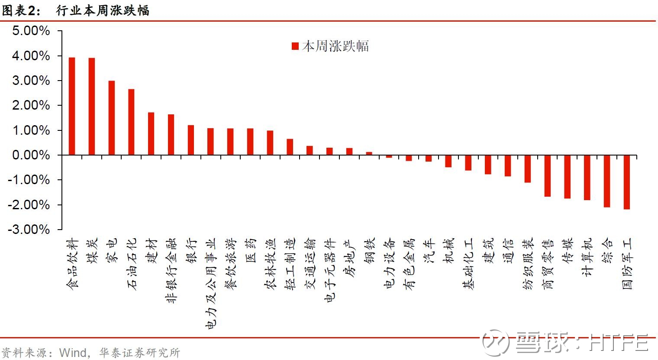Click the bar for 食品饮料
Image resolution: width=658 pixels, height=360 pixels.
[72, 106]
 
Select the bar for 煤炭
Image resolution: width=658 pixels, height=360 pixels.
[92, 107]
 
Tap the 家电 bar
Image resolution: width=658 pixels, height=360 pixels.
[112, 118]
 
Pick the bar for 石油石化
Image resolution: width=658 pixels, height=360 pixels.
[131, 122]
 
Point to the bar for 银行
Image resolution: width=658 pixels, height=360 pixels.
[191, 140]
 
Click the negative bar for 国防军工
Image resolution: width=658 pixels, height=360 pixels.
[627, 182]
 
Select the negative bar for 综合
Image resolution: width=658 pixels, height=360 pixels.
[607, 181]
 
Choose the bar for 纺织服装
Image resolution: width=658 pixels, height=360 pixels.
[528, 169]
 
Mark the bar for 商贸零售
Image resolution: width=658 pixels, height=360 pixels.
[548, 175]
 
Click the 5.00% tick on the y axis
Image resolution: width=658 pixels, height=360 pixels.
[31, 31]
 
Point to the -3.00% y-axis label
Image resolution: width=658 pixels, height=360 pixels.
[29, 229]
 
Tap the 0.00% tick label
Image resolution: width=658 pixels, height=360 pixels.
[31, 155]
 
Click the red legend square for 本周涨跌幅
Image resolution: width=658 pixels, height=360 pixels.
[295, 46]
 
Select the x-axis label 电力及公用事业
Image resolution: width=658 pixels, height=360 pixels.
[211, 284]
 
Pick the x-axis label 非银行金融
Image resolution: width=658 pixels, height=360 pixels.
[171, 270]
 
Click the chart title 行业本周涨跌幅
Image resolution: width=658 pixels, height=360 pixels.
[103, 10]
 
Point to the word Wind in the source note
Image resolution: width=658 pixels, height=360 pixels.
[73, 353]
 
